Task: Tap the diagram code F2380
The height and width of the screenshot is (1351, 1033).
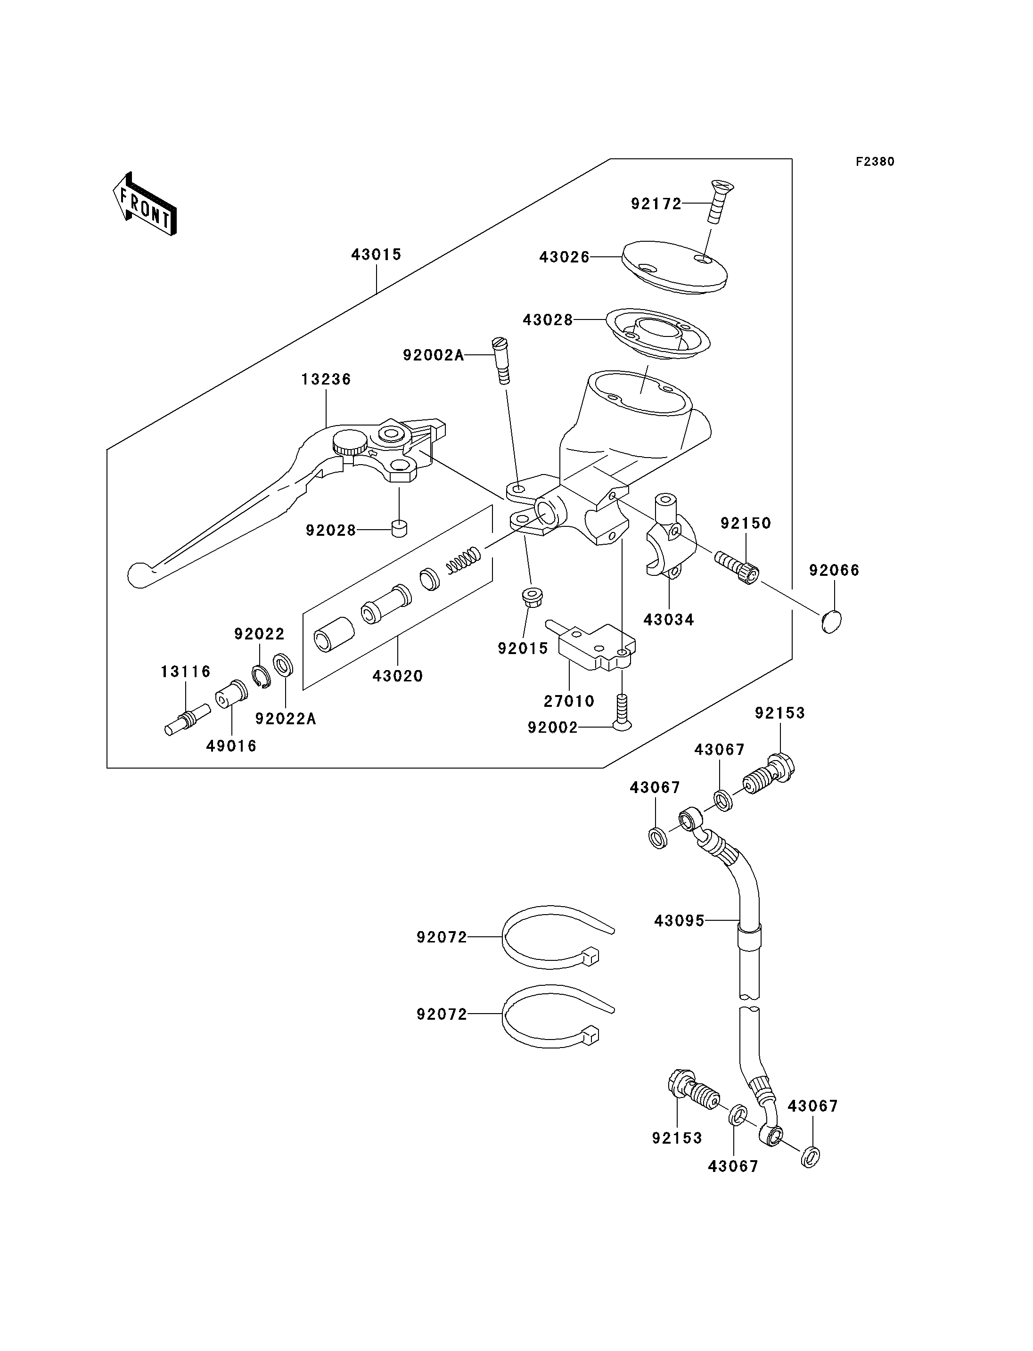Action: tap(875, 162)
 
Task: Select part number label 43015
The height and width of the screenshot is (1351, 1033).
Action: tap(377, 254)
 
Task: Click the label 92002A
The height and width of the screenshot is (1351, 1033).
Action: tap(434, 355)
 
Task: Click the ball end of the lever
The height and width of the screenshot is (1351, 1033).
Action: tap(139, 575)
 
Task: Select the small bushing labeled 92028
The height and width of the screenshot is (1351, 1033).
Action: tap(399, 528)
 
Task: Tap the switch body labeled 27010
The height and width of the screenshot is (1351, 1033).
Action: tap(595, 647)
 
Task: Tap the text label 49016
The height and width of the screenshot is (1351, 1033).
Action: tap(231, 746)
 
